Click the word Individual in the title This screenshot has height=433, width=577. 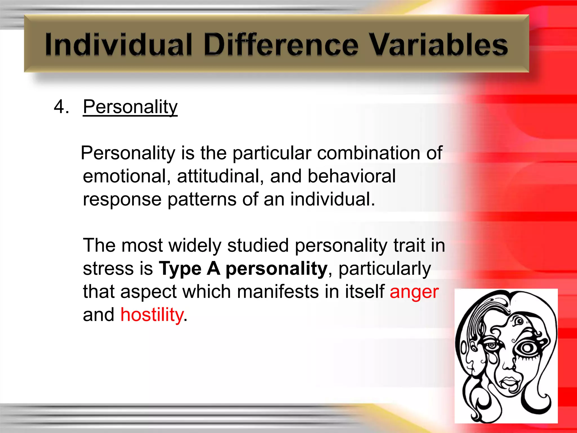[x=118, y=45]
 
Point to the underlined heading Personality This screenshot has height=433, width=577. [x=130, y=107]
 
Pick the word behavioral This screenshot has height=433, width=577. [x=352, y=176]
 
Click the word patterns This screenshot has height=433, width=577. [x=202, y=200]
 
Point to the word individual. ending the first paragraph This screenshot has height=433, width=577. [x=332, y=199]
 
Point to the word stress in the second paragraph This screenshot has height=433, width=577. [x=108, y=269]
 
